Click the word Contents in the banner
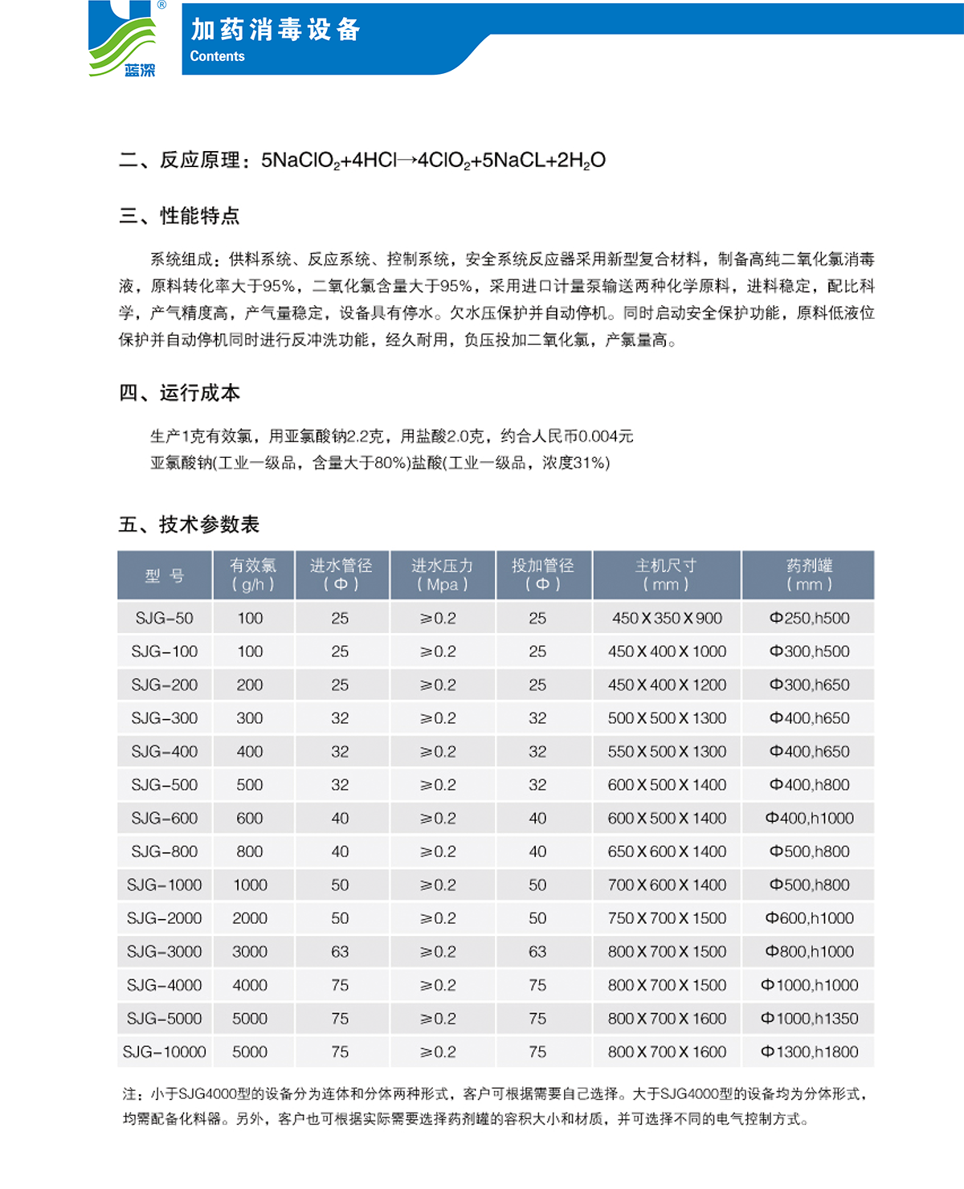(217, 56)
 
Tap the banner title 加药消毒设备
(276, 30)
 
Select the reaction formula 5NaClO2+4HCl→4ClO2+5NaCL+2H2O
(433, 161)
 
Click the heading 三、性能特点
(179, 216)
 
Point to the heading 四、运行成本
(179, 393)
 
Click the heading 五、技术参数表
(189, 525)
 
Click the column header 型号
(165, 575)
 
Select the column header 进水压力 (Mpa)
(442, 575)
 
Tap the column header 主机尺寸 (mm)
(666, 575)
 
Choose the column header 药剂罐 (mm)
(809, 575)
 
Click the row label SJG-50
(164, 618)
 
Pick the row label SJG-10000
(164, 1052)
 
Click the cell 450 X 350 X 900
(667, 618)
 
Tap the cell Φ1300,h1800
(809, 1052)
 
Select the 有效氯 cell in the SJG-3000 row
(250, 951)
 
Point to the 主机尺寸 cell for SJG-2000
(667, 918)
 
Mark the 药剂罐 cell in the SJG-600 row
(809, 818)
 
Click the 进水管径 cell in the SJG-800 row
(340, 852)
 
